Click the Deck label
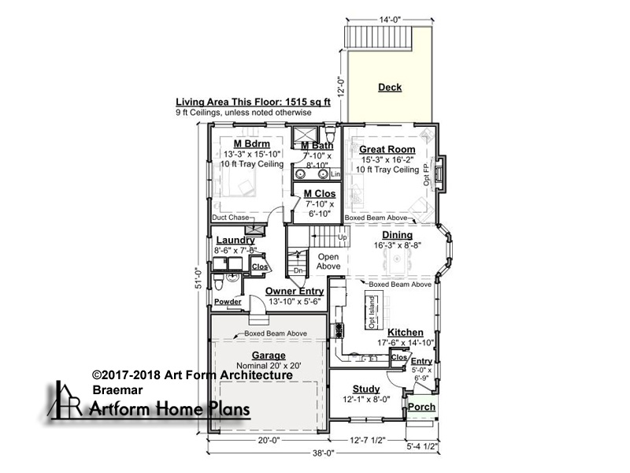[390, 88]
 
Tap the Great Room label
[387, 149]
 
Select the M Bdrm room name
[252, 143]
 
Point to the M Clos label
[320, 193]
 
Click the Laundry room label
[235, 240]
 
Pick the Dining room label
[398, 235]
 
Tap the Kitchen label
[406, 332]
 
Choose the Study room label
[366, 389]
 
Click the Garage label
[269, 356]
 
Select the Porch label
[421, 407]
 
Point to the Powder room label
[228, 302]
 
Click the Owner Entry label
[295, 291]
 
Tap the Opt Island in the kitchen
[372, 312]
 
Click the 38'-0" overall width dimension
[324, 453]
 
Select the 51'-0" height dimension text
[198, 278]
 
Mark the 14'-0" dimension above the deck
[390, 19]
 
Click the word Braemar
[117, 389]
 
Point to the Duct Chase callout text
[231, 218]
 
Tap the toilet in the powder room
[218, 282]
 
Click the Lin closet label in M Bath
[335, 174]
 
